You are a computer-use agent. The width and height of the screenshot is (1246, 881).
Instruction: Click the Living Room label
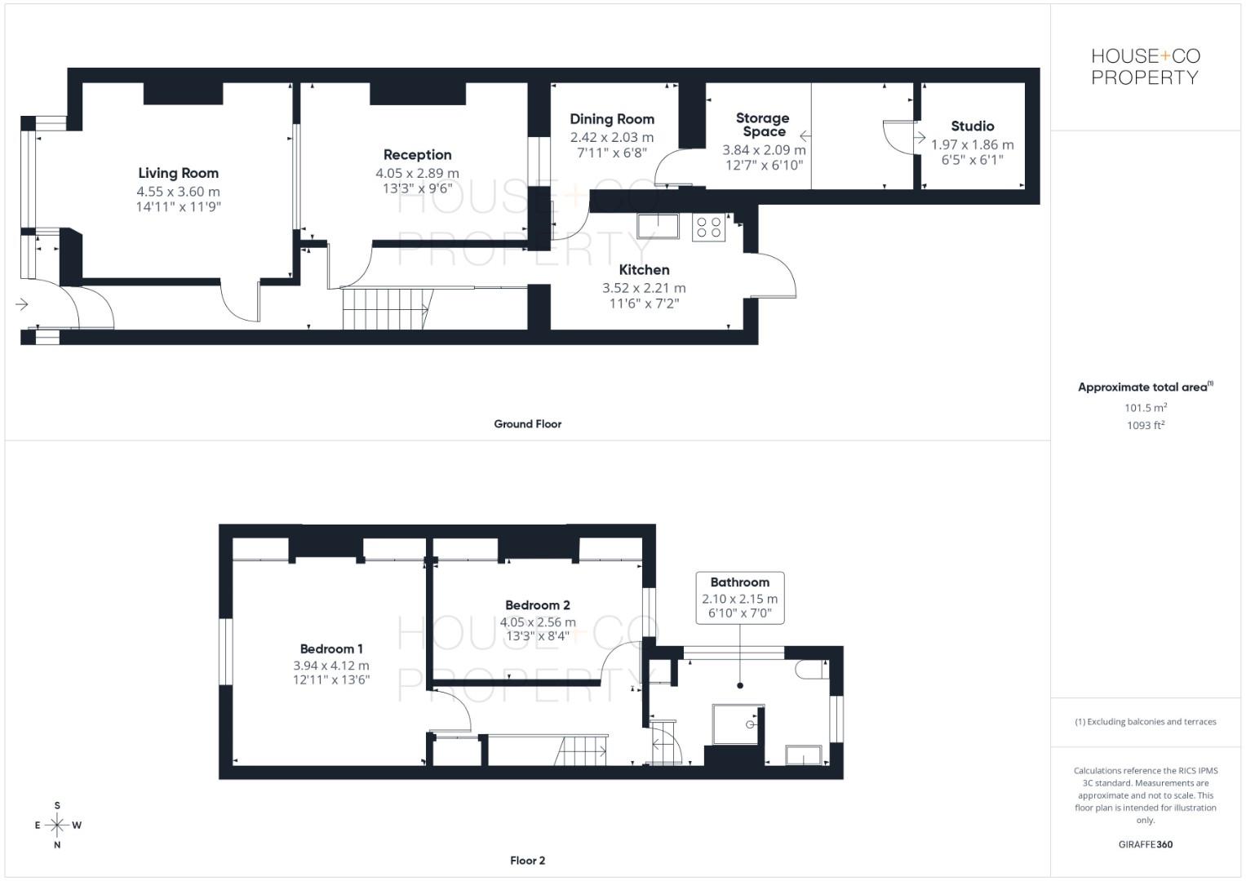178,173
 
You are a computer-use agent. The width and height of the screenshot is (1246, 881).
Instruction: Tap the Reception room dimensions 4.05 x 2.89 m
417,173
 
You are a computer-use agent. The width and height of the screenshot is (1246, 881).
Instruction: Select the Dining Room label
611,119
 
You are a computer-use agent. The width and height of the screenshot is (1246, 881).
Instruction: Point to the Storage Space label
763,125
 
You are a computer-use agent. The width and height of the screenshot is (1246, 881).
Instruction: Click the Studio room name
972,126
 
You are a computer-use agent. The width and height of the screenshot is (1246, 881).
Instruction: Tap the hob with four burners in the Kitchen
708,228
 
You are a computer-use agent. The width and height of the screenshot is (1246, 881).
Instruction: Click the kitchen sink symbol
658,226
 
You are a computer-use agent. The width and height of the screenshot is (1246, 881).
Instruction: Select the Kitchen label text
644,270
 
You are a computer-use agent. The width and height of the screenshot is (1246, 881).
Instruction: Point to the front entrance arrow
22,304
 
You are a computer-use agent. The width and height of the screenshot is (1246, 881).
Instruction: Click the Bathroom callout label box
739,598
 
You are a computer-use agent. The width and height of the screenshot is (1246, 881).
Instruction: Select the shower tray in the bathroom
738,724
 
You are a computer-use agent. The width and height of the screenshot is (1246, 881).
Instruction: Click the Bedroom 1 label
331,649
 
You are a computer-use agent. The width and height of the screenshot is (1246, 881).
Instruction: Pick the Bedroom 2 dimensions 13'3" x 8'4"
538,636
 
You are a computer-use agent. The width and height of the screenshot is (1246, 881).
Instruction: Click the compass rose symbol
57,826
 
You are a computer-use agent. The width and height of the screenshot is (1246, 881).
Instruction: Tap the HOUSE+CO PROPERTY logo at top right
1145,67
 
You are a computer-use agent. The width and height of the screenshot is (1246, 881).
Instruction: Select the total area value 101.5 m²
1145,408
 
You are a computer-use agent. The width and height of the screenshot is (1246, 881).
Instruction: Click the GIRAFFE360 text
1145,844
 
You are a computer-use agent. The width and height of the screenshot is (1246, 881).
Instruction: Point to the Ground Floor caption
527,424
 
